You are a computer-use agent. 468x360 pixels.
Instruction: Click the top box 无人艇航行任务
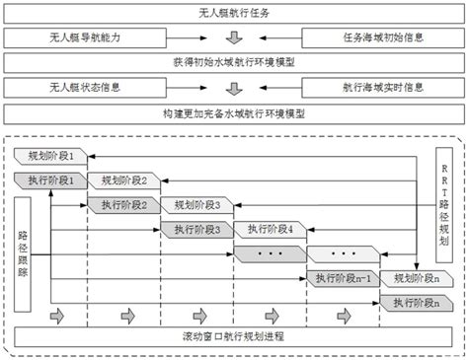coord(233,15)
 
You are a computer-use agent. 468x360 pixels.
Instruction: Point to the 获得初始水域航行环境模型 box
coord(233,61)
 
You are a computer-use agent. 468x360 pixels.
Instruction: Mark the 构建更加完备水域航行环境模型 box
coord(233,112)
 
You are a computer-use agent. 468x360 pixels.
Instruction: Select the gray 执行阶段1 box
coord(51,180)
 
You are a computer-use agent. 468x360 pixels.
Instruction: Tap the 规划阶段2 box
coord(124,180)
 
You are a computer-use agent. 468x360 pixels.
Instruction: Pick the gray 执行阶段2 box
coord(124,205)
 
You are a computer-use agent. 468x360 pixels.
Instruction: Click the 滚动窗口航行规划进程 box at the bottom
coord(233,336)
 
